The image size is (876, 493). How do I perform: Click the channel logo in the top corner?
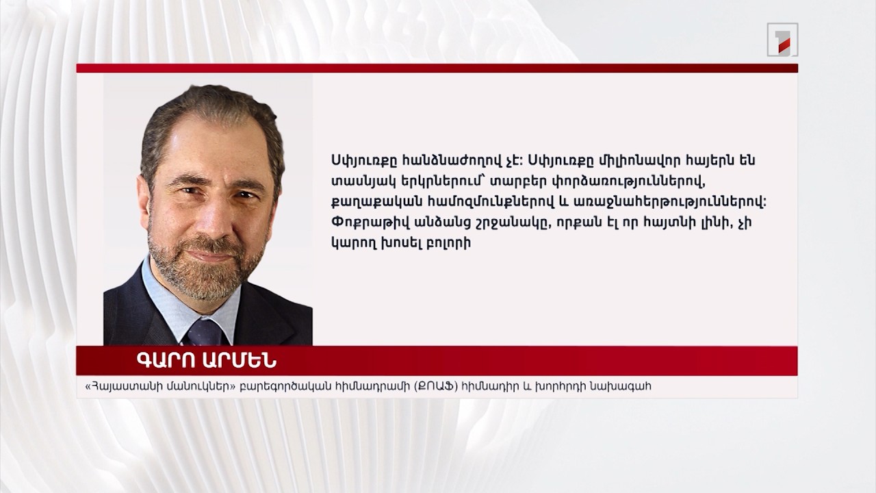782,40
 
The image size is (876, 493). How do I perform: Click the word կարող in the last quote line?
351,243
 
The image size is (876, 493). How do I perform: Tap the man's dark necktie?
205,331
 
